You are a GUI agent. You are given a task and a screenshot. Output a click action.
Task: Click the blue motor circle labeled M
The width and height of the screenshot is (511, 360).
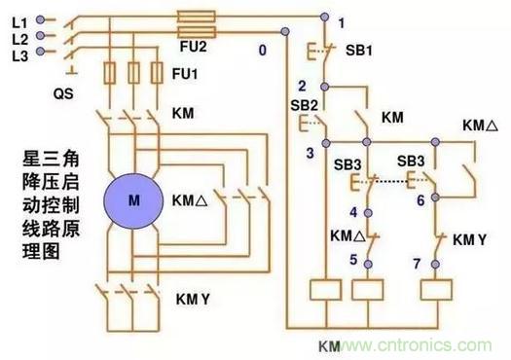133,201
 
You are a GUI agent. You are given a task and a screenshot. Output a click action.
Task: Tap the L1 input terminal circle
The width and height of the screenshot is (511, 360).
40,19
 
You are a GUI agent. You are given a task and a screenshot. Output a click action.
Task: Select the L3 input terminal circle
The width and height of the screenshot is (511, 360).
40,52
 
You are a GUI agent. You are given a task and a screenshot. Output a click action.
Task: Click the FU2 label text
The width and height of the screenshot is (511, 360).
194,47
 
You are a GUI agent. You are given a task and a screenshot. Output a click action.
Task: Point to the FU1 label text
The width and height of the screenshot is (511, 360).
185,74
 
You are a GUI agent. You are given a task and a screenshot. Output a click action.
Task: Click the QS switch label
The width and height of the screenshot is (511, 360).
63,93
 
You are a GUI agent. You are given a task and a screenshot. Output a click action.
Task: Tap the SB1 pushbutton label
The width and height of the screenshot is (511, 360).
359,51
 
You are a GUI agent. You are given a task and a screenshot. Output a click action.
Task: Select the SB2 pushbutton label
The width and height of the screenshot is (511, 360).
304,105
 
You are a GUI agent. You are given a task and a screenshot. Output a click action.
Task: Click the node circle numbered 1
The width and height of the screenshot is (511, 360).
324,17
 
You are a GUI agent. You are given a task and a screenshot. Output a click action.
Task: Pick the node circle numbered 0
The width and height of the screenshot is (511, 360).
285,31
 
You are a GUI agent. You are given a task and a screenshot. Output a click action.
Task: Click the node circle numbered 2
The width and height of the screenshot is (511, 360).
324,87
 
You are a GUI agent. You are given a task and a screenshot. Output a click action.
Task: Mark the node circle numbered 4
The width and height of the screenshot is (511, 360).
368,213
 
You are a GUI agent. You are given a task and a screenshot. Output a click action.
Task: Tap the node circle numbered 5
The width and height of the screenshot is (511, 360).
368,264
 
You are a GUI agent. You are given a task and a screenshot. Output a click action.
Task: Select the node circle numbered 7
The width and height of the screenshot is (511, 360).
435,264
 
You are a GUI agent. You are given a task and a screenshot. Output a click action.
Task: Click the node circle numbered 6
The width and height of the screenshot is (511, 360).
435,198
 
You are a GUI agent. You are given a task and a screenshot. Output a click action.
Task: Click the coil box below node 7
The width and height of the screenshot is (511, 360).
436,290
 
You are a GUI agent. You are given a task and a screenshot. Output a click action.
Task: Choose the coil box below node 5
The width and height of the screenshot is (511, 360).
367,290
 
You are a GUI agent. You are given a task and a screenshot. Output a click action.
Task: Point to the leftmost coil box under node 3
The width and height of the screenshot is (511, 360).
325,290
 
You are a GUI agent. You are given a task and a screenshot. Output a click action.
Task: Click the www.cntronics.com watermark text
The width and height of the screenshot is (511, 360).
415,344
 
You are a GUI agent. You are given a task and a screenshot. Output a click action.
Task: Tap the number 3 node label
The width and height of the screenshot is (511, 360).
310,153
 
